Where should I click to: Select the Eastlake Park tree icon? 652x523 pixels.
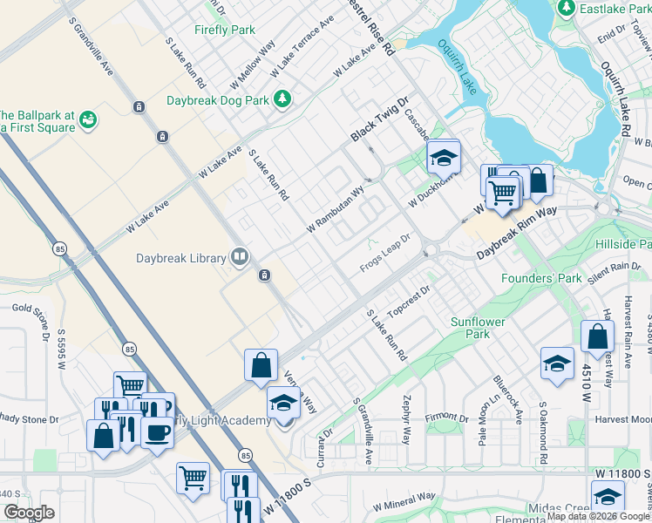coord(567,8)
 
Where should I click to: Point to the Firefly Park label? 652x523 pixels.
coord(225,30)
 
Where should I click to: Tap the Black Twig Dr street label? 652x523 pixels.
coord(379,119)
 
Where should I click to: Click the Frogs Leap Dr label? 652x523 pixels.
coord(384,253)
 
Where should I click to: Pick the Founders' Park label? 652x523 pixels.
coord(540,279)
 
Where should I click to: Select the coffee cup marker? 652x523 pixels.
coord(157,433)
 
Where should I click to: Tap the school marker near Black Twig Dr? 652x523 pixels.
coord(443,159)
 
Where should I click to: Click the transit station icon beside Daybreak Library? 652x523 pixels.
coord(263,276)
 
